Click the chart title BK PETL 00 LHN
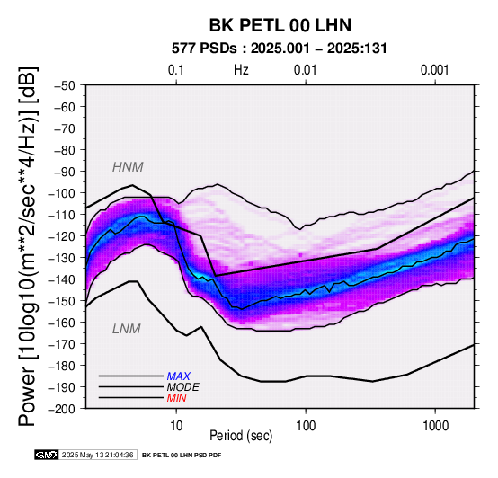click(x=280, y=25)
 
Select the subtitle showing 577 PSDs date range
click(x=280, y=49)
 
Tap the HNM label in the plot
click(x=128, y=167)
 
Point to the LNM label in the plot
click(x=127, y=329)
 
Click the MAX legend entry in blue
click(x=179, y=376)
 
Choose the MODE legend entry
click(x=183, y=387)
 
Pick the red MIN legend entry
click(x=176, y=398)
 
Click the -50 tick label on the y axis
click(x=65, y=85)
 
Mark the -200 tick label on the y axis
click(x=62, y=409)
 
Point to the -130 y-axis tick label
click(x=62, y=258)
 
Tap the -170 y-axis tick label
click(x=62, y=344)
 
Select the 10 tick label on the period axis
click(x=176, y=426)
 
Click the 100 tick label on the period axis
click(x=306, y=426)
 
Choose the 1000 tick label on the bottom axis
click(x=435, y=426)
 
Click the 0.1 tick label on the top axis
click(x=176, y=70)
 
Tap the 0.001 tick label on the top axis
click(x=434, y=70)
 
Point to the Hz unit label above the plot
click(x=241, y=70)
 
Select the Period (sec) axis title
click(x=241, y=436)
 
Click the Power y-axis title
click(x=27, y=246)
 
